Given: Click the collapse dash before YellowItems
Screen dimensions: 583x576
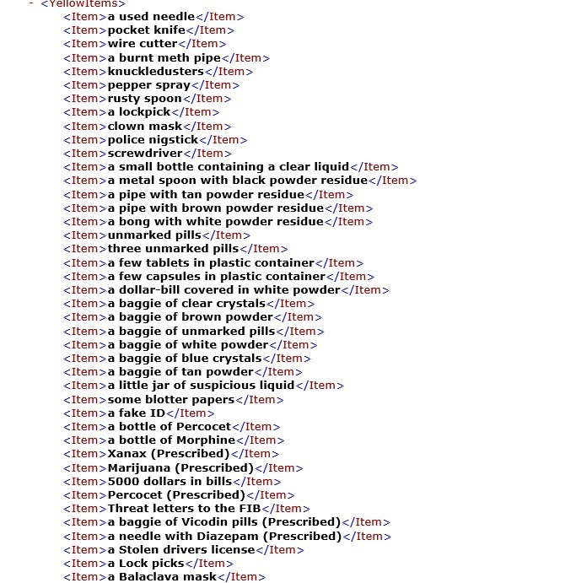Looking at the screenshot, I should point(31,3).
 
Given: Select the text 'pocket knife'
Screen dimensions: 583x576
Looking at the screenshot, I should point(146,30).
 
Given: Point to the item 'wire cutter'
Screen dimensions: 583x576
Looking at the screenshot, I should point(143,44).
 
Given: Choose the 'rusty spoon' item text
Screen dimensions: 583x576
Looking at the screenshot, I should point(145,99).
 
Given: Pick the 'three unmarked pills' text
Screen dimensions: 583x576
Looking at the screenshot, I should point(173,249).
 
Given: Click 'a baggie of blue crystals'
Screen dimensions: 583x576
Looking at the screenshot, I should point(185,358).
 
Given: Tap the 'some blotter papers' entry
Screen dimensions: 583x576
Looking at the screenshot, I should point(171,399).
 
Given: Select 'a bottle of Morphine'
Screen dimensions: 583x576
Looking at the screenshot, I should point(171,440).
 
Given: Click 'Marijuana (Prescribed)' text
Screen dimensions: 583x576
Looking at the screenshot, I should point(180,467).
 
